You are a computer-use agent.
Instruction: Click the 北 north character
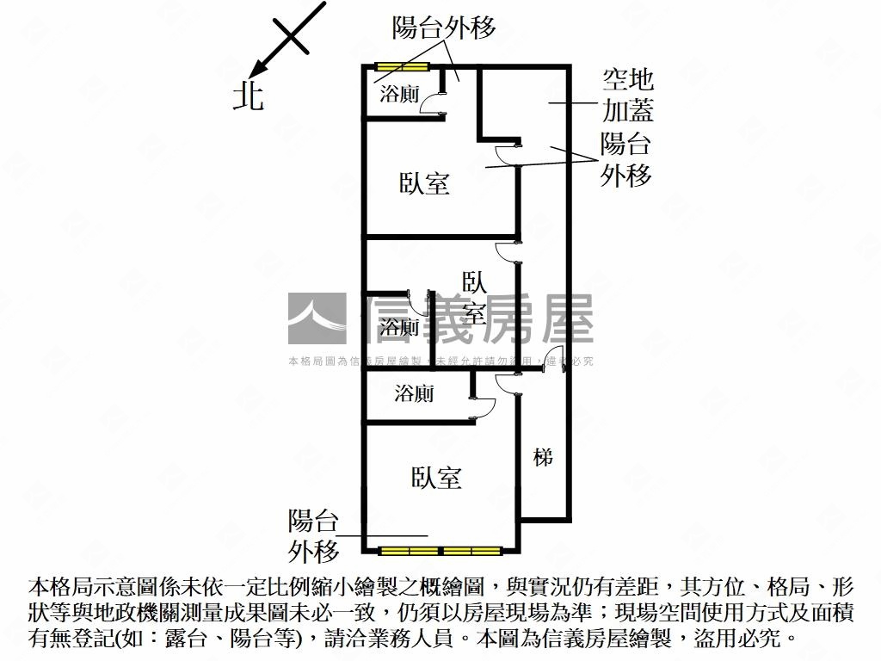249,95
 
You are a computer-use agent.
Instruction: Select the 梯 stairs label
543,457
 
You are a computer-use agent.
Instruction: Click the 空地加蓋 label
627,96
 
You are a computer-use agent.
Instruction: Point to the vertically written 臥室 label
474,297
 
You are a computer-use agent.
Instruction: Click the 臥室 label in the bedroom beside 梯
436,478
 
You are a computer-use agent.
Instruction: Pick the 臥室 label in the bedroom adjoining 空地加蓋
425,182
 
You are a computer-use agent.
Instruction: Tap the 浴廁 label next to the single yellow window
399,94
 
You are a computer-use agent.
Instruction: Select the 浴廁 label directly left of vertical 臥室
399,327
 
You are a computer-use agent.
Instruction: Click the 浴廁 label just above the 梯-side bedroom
415,394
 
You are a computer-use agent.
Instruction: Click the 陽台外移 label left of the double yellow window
313,534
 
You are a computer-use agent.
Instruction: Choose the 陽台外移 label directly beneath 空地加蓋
625,158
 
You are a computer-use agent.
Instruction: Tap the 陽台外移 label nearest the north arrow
444,28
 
